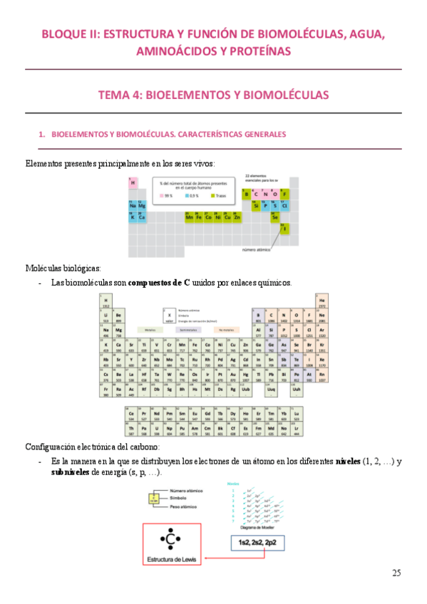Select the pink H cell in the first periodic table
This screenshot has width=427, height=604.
pyautogui.click(x=133, y=183)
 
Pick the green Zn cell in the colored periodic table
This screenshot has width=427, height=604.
pyautogui.click(x=237, y=217)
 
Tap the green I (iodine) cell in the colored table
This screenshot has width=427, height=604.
pyautogui.click(x=284, y=229)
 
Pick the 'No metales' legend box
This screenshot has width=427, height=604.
pyautogui.click(x=226, y=330)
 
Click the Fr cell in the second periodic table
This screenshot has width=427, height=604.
pyautogui.click(x=106, y=391)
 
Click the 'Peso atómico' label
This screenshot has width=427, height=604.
pyautogui.click(x=187, y=506)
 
